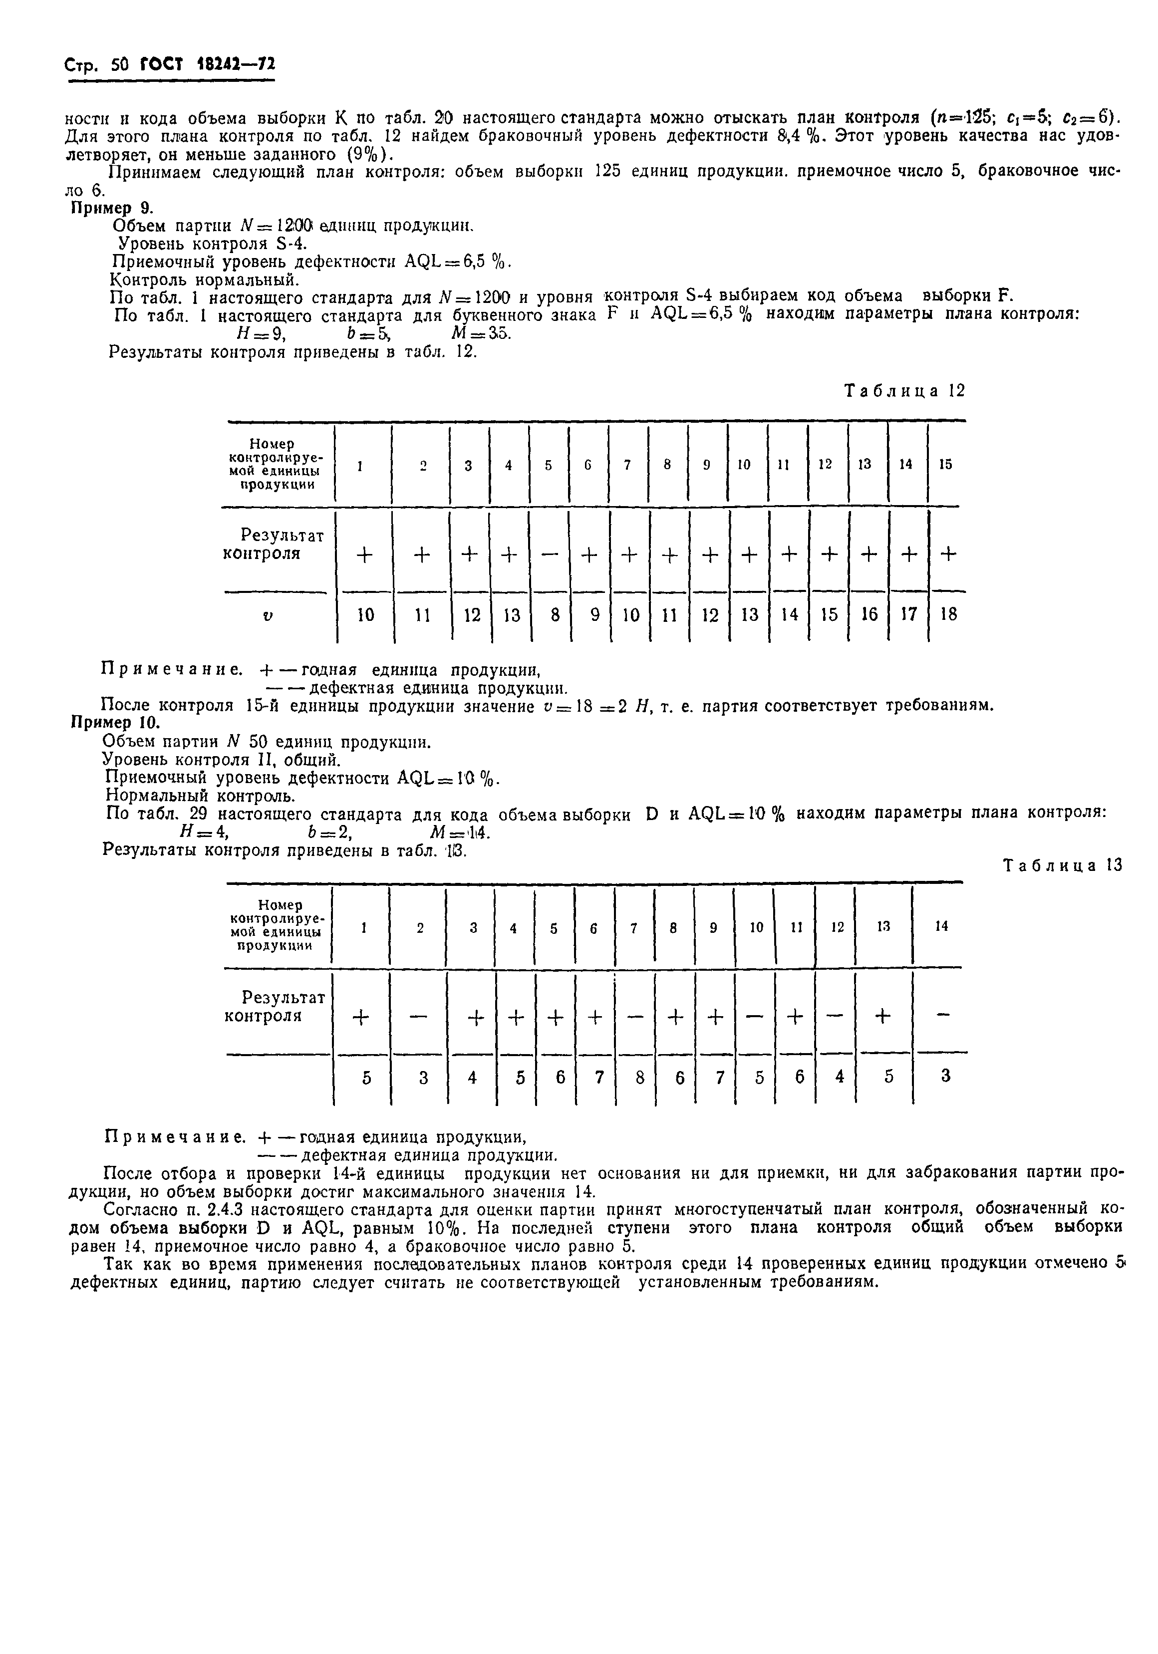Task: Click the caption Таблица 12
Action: click(904, 391)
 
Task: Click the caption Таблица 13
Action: click(1062, 866)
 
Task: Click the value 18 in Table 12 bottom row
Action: click(948, 614)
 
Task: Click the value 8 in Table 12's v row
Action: click(554, 614)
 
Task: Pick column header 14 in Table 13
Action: click(941, 926)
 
